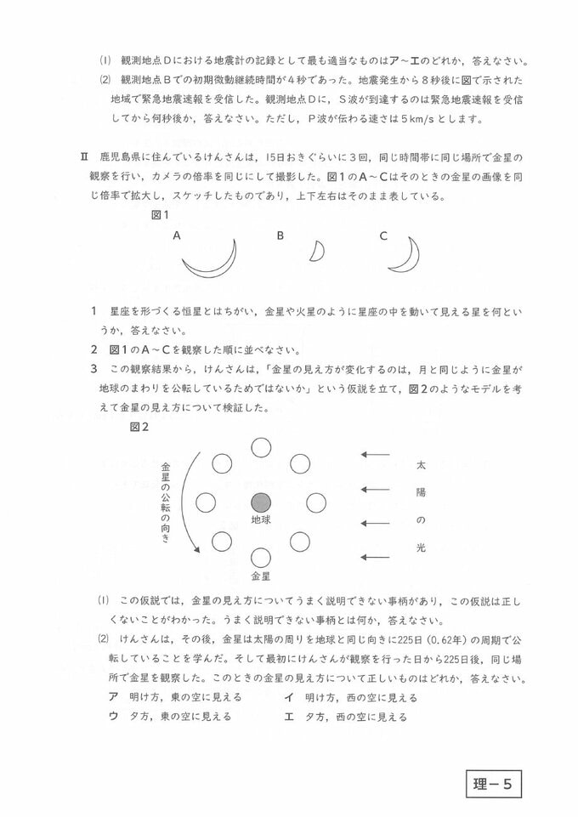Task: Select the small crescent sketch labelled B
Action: click(317, 252)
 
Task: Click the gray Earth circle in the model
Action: click(261, 502)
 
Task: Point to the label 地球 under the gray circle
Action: click(261, 520)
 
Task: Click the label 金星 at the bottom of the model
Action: click(261, 576)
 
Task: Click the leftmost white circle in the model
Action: click(205, 502)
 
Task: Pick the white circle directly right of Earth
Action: click(316, 502)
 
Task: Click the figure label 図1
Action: click(161, 215)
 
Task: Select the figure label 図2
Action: click(139, 427)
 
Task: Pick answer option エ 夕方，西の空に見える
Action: click(348, 717)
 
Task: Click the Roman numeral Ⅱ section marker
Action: click(84, 158)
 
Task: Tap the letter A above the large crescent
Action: click(176, 235)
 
